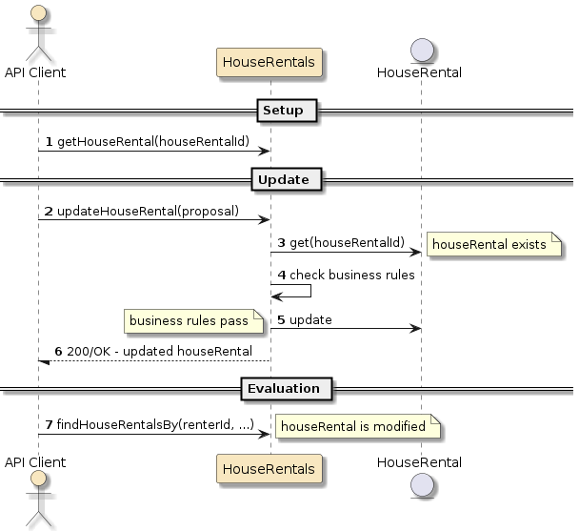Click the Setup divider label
[283, 111]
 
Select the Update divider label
[283, 179]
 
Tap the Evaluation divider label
[284, 388]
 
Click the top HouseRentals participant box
[270, 63]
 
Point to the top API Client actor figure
[39, 29]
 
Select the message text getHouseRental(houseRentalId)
[153, 141]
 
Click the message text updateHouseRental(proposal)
[148, 210]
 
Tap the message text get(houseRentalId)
[347, 243]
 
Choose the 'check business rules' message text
[352, 276]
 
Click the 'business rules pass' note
[190, 321]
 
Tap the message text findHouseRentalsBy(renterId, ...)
[155, 424]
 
